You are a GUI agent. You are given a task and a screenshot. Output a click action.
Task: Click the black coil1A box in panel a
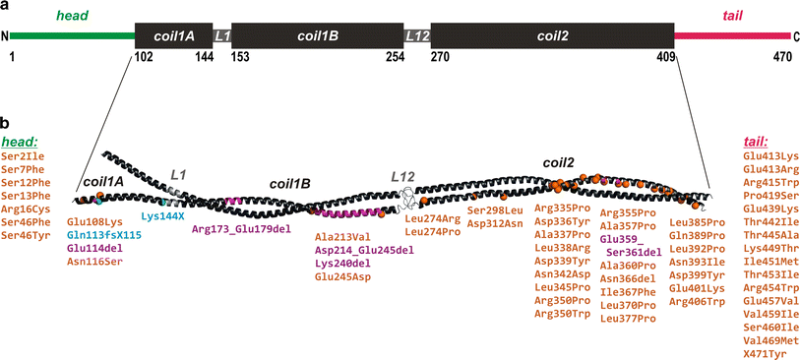coord(173,35)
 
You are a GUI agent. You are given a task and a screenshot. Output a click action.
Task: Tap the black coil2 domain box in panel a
coord(552,35)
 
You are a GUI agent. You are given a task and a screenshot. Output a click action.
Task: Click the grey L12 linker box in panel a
coord(417,35)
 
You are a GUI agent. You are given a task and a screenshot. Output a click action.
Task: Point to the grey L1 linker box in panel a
coord(222,35)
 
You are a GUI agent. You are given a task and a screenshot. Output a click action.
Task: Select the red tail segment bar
coord(732,36)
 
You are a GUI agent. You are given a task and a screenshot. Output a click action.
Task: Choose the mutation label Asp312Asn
coord(498,223)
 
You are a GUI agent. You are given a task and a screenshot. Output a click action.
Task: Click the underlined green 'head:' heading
coord(24,142)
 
